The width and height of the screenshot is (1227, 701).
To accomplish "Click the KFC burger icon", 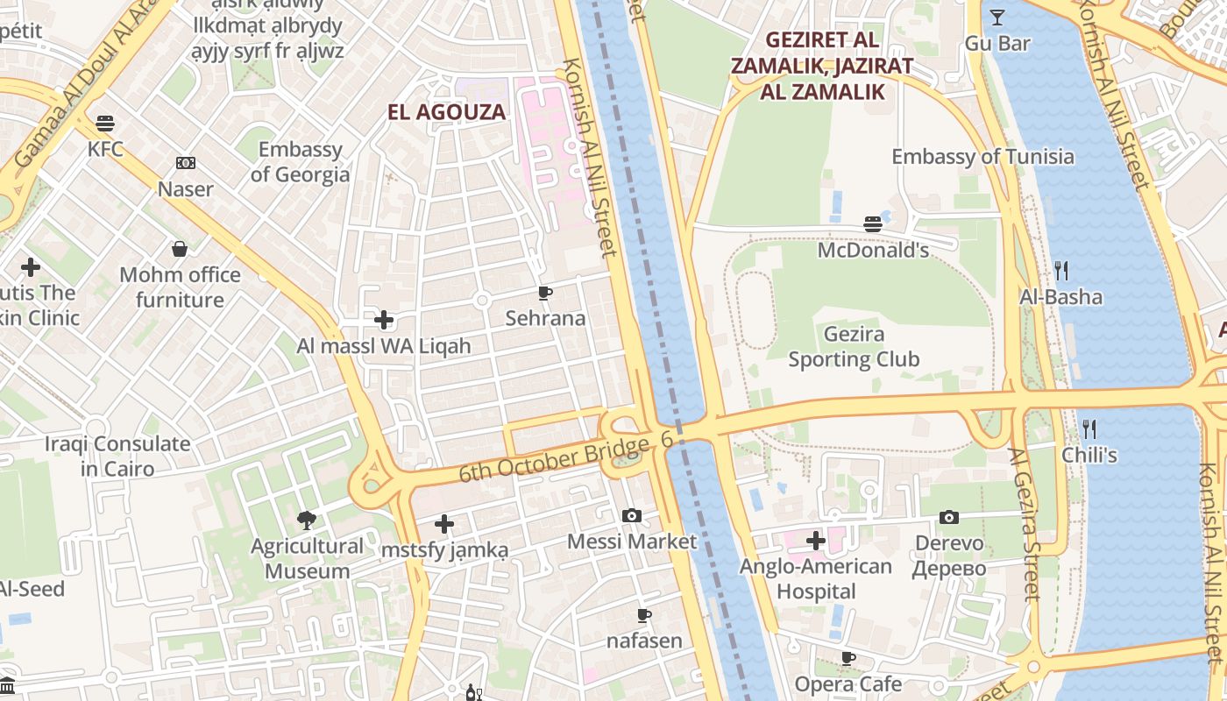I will coord(105,123).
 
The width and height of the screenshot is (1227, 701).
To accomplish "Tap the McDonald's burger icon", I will coord(872,224).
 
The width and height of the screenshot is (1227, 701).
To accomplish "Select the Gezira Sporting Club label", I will coord(854,347).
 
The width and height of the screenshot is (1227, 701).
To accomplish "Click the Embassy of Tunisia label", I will coord(982,157).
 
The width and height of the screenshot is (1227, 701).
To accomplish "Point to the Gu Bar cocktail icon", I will coord(996,18).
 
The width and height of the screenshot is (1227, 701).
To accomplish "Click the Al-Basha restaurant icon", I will coord(1060,270).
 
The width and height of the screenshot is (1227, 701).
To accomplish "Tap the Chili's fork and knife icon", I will coord(1089,428).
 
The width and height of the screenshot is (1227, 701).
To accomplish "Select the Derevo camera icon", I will coord(949,518).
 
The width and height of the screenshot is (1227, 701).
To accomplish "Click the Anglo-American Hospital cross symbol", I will coord(816,541).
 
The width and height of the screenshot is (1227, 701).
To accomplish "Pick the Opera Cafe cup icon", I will coord(848,658).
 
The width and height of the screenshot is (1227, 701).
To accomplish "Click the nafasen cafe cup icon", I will coord(644,616).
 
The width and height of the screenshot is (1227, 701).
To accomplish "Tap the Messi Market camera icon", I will coord(631,516).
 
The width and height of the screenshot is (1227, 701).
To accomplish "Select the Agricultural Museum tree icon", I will coord(307,520).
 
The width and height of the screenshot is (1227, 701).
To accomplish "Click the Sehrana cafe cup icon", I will coord(545,293).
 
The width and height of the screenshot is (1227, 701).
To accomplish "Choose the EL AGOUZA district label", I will coord(447,112).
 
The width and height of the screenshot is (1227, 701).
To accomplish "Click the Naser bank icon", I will coord(186,163).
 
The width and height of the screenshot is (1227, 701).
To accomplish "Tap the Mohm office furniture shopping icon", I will coord(180,250).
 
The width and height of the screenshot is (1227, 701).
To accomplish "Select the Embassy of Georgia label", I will coord(300,162).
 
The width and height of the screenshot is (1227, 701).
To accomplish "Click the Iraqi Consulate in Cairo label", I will coord(117,457).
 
